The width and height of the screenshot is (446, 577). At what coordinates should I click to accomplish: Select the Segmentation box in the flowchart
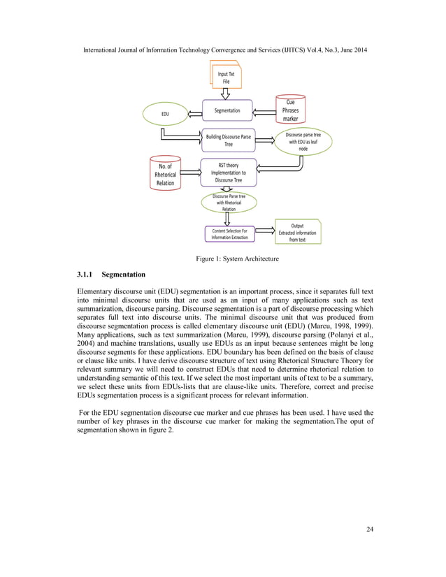(x=226, y=110)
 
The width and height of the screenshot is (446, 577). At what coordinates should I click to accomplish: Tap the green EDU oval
(x=165, y=112)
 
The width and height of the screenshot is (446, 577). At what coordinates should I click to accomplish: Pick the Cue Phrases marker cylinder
(x=290, y=110)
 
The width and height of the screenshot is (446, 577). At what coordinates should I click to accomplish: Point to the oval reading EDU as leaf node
(x=303, y=142)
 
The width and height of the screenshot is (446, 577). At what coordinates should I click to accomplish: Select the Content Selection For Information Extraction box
(x=229, y=233)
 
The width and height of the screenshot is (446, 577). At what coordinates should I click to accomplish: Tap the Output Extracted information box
(x=297, y=233)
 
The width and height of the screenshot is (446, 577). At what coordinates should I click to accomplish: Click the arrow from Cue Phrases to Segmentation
(x=263, y=110)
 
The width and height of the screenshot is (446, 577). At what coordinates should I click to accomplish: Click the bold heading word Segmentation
(x=128, y=275)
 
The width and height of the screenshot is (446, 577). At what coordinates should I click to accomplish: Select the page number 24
(x=370, y=529)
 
